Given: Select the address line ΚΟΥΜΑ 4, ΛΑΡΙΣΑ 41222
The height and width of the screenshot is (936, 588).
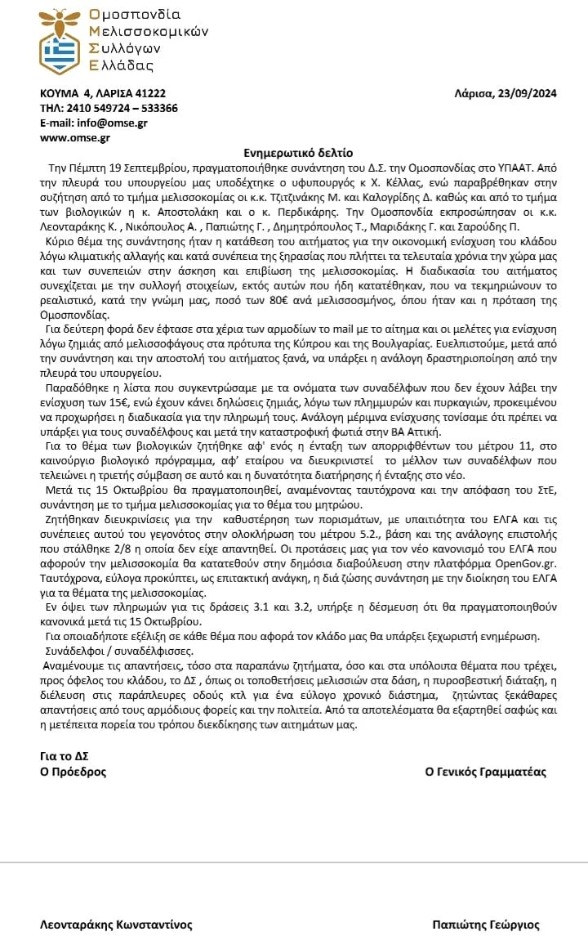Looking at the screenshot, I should (103, 93).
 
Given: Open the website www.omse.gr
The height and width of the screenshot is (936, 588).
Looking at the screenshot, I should (75, 137).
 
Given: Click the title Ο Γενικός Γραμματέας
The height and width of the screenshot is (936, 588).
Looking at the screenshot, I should (486, 772).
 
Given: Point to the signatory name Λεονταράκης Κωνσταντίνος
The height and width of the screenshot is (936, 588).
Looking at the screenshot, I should (116, 925).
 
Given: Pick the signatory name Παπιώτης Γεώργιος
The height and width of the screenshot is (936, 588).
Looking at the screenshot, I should (486, 925).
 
